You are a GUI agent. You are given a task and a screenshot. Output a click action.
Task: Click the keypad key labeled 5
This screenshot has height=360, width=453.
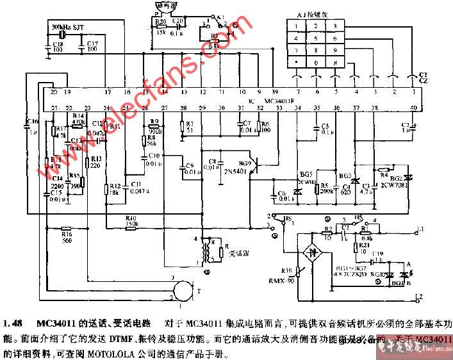click(317, 38)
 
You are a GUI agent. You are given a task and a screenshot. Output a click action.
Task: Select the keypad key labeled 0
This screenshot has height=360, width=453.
click(317, 62)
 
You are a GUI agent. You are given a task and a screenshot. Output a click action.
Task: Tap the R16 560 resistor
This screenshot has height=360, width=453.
click(67, 229)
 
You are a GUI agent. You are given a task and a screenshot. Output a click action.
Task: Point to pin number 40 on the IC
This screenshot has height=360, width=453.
click(413, 107)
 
